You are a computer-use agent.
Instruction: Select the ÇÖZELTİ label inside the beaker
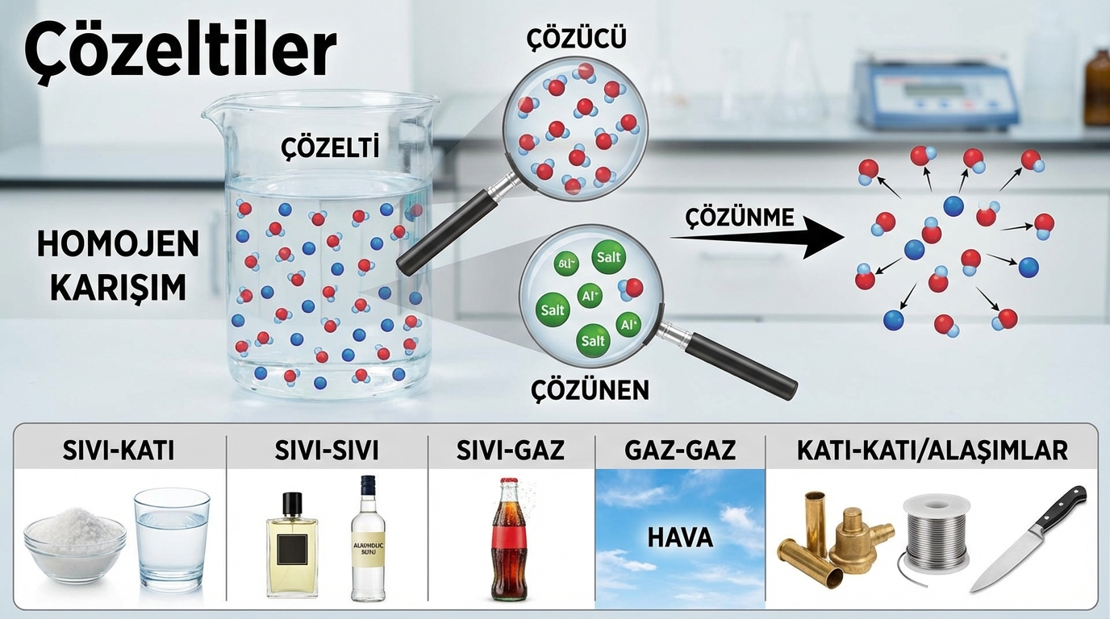point(329,149)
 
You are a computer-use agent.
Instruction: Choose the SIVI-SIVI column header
point(328,451)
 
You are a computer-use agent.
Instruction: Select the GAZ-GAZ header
point(680,451)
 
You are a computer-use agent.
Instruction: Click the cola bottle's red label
point(510,547)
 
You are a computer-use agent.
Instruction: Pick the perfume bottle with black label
point(292,549)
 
